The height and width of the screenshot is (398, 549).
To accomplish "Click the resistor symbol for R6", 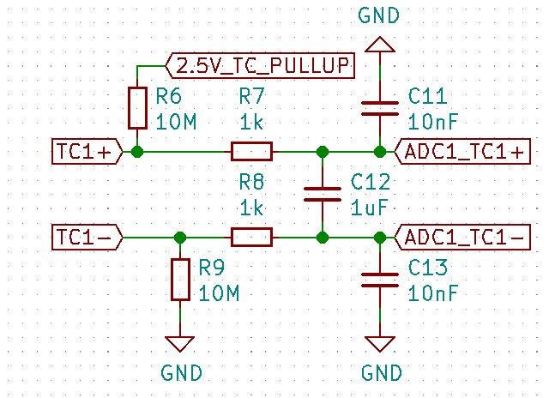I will tap(137, 107).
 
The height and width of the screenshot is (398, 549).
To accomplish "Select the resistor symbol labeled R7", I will tap(251, 152).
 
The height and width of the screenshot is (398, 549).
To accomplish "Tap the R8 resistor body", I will tap(251, 237).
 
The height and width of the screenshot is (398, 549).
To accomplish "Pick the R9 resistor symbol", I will tap(179, 280).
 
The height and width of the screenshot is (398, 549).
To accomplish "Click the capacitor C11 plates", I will tap(378, 108).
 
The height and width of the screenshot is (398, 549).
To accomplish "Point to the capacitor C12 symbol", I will tap(323, 194).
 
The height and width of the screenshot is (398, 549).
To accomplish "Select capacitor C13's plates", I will tap(378, 280).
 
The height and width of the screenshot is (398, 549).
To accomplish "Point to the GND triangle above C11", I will tap(378, 45).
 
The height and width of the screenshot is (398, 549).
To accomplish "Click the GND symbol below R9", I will tap(179, 343).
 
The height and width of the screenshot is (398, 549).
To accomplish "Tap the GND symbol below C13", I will tap(378, 343).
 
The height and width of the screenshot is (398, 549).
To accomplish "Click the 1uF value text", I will tap(370, 208).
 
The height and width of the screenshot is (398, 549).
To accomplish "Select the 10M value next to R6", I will tap(177, 122).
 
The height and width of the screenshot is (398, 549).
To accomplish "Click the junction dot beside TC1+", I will tap(137, 152).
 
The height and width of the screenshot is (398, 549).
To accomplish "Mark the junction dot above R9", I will tap(179, 237).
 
